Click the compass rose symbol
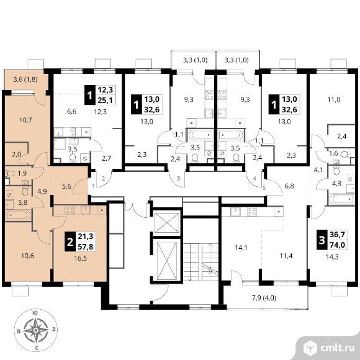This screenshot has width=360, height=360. (36, 330)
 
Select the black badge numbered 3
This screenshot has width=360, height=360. (322, 240)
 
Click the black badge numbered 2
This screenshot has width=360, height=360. (70, 242)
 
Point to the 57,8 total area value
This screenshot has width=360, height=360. (85, 247)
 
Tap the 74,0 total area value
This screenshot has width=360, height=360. (337, 245)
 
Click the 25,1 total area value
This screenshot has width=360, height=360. (106, 100)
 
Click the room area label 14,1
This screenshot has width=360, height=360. (241, 248)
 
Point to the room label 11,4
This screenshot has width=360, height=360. (286, 256)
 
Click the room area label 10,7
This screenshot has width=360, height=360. (25, 120)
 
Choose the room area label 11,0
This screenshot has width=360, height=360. (334, 100)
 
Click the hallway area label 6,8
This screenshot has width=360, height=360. (289, 186)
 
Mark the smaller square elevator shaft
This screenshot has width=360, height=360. (167, 222)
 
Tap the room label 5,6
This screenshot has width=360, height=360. (66, 186)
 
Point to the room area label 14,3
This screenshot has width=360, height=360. (333, 257)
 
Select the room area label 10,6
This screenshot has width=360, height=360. (27, 256)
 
